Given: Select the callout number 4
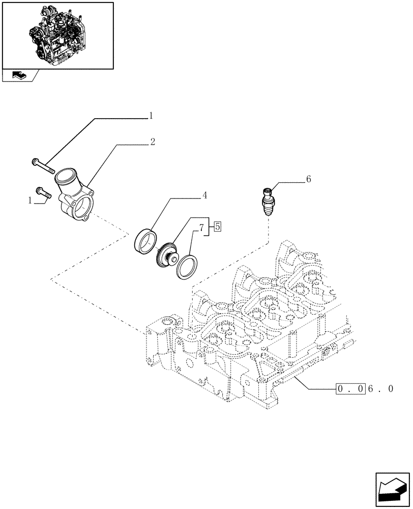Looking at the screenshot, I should coord(204,195).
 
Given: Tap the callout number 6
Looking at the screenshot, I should coord(308,179).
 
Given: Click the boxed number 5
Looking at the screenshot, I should coord(217,227).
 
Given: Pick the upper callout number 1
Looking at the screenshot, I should coord(151,116).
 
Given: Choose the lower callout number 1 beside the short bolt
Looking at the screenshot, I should coord(30,201).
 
